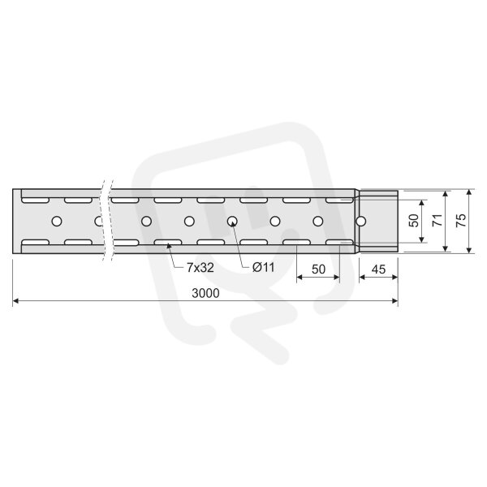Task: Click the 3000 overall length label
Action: click(x=205, y=293)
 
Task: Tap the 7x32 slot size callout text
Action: click(x=200, y=268)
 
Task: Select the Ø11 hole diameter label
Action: click(x=263, y=267)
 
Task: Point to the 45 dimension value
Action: click(x=378, y=269)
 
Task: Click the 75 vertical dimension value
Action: click(x=461, y=220)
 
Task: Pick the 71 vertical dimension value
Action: click(x=437, y=220)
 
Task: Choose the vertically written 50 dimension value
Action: click(x=414, y=220)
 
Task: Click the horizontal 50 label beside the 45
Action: click(x=318, y=269)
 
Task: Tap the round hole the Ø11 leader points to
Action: click(x=232, y=222)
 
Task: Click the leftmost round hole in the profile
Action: click(x=57, y=222)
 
